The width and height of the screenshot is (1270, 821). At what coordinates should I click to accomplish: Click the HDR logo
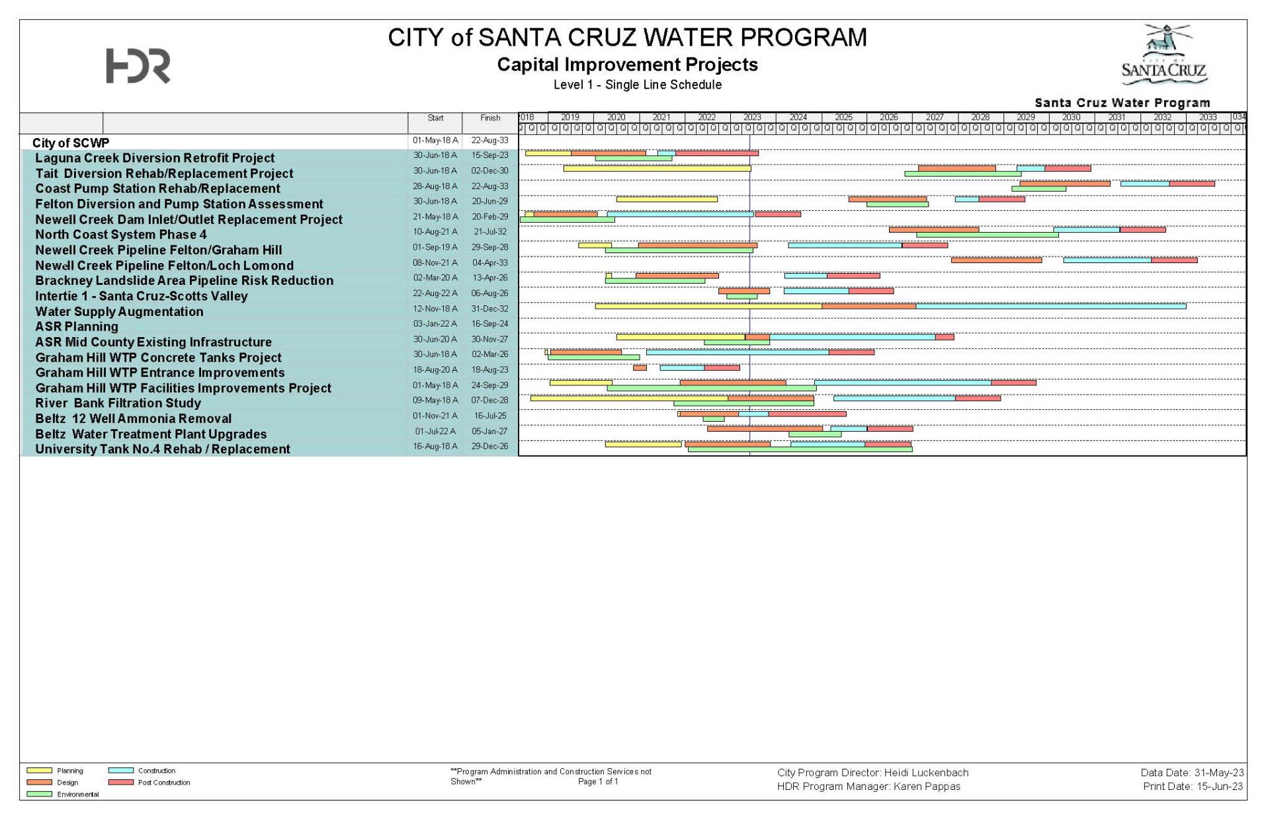[x=138, y=66]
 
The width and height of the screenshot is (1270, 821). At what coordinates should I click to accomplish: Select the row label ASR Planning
[x=77, y=327]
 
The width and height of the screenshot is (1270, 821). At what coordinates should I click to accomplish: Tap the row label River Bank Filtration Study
[x=118, y=403]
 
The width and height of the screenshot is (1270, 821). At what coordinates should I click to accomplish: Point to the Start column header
[x=435, y=118]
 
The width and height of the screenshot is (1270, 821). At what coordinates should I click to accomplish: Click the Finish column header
[x=490, y=118]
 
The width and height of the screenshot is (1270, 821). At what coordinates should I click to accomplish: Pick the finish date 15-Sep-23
[x=489, y=155]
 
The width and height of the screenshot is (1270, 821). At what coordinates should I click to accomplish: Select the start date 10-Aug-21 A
[x=435, y=232]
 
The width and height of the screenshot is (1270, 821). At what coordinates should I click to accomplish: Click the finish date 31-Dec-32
[x=489, y=309]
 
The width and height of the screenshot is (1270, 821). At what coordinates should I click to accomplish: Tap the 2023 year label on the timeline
[x=752, y=117]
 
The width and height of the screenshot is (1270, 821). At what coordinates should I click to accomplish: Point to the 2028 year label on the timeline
[x=980, y=117]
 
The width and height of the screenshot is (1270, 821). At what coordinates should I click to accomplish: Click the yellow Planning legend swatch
[x=39, y=771]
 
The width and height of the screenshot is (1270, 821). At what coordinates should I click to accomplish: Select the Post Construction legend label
[x=164, y=783]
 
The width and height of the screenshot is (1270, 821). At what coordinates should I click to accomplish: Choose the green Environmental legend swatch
[x=39, y=795]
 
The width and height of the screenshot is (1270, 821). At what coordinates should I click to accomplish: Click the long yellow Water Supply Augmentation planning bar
[x=708, y=306]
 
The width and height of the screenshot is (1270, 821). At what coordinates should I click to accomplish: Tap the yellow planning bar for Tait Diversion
[x=657, y=169]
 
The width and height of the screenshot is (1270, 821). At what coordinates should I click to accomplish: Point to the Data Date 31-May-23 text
[x=1192, y=773]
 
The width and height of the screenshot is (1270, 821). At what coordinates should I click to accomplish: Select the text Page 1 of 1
[x=598, y=781]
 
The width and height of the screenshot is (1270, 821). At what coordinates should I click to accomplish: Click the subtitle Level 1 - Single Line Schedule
[x=637, y=85]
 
